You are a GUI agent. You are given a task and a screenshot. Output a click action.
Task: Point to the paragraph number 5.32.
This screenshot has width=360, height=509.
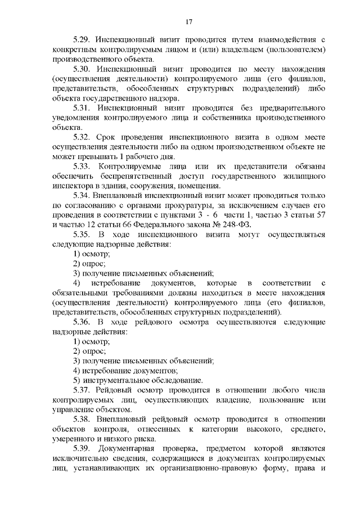click(83, 137)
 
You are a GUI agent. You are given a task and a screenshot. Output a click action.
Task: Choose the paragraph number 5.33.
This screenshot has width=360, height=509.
click(83, 167)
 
